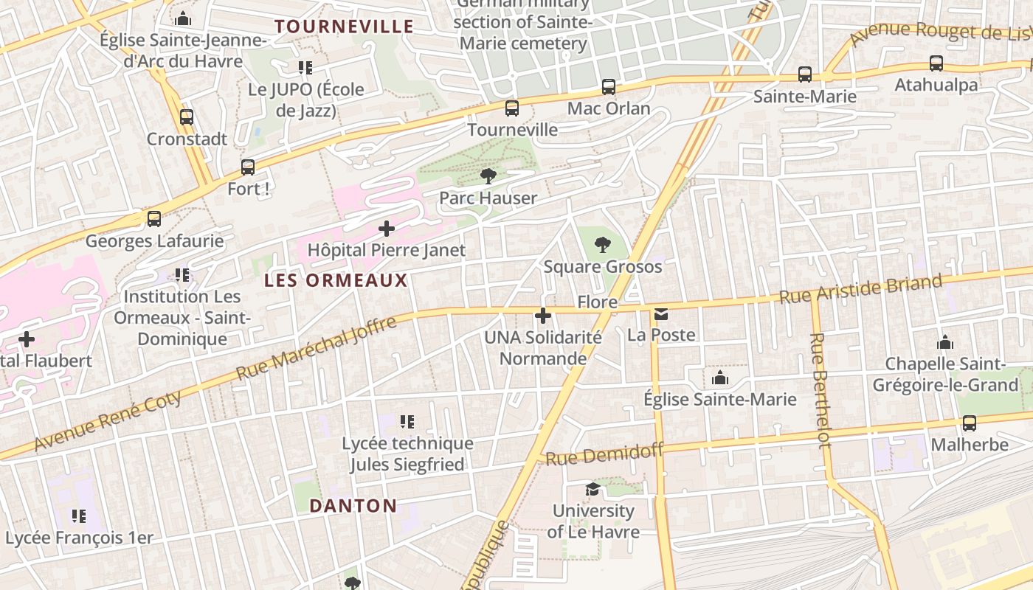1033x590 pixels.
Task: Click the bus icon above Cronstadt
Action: coord(187,117)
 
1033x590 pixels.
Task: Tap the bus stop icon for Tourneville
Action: coord(512,108)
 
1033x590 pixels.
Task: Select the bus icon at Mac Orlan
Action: coord(609,87)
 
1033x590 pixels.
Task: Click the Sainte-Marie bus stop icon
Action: coord(805,74)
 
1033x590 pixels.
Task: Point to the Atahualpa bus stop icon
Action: coord(936,63)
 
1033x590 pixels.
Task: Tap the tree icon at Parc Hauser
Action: coord(488,176)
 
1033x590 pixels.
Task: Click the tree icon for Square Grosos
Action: coord(603,244)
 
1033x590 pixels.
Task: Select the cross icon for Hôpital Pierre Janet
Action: coord(387,229)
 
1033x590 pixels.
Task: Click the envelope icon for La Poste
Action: coord(660,315)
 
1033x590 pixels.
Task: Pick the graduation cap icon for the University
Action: coord(592,490)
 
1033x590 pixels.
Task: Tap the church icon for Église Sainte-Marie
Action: coord(720,378)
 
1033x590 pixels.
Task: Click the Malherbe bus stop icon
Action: coord(970,423)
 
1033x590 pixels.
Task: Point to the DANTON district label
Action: coord(353,506)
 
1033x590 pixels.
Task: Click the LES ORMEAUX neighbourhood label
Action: coord(336,280)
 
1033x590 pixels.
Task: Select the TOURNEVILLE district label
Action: coord(344,27)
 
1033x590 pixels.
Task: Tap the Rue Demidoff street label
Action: coord(604,454)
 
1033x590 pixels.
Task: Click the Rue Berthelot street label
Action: coord(820,390)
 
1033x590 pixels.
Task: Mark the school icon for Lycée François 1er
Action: coord(79,516)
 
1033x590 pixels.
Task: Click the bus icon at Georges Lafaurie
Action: coord(154,219)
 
